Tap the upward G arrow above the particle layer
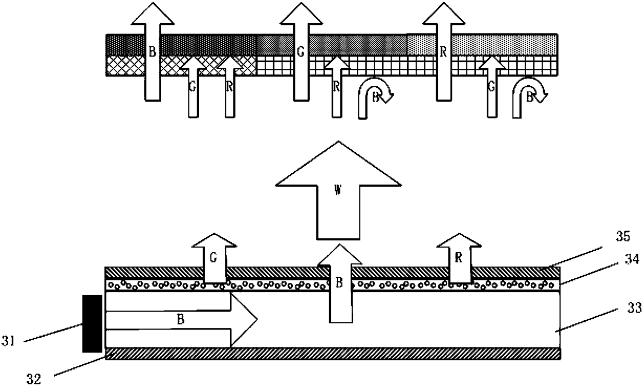pyautogui.click(x=214, y=259)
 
